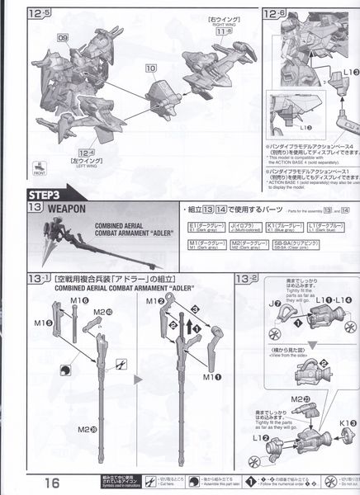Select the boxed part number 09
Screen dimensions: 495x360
64,39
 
